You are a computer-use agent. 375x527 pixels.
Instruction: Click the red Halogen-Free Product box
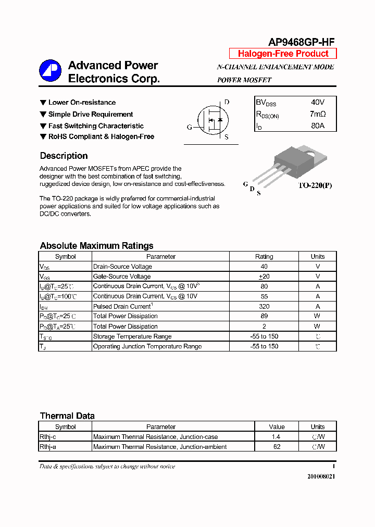point(283,54)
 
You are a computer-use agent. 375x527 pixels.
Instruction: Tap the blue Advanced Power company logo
point(51,71)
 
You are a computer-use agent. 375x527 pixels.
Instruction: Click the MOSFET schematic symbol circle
point(212,120)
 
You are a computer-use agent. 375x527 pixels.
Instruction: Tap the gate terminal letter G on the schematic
point(190,127)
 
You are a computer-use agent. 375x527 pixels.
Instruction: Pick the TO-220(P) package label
point(315,185)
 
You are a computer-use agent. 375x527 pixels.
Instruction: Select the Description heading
point(64,156)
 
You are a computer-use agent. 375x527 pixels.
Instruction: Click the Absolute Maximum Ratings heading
point(96,246)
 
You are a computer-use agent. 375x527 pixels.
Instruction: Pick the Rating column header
point(264,256)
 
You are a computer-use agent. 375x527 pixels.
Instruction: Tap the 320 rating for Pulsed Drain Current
point(264,306)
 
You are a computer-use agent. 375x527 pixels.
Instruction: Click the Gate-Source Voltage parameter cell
point(122,277)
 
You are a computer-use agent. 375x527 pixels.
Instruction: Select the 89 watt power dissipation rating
point(264,316)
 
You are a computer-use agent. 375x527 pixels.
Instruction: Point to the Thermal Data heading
point(67,416)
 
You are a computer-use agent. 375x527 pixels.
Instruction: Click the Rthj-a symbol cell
point(49,447)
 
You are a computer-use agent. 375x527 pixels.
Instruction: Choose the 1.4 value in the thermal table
point(277,437)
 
